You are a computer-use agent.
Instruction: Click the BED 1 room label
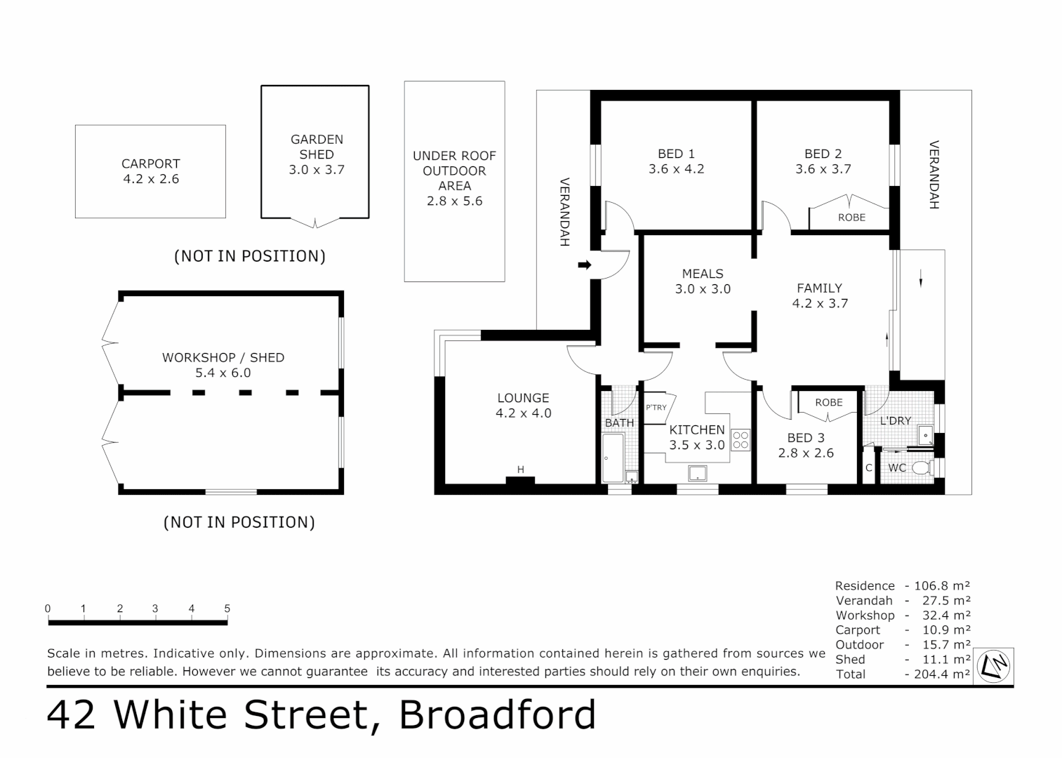click(x=676, y=154)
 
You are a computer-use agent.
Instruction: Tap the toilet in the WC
click(x=921, y=467)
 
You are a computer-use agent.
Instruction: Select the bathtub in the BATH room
click(x=613, y=458)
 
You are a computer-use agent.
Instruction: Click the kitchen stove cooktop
click(x=741, y=440)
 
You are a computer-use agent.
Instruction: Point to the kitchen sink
click(x=697, y=474)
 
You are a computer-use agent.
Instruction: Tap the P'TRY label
click(x=656, y=408)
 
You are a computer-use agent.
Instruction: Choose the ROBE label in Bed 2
click(x=851, y=218)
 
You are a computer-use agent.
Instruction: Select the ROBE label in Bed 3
click(x=828, y=403)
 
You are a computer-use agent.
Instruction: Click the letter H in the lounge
click(x=520, y=470)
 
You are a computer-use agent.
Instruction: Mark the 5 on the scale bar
click(x=227, y=609)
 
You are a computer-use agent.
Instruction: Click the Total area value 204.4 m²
click(x=942, y=674)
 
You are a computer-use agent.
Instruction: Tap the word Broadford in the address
click(x=498, y=715)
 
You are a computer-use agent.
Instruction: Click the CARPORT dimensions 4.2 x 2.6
click(x=151, y=179)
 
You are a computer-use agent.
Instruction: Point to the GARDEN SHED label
click(x=317, y=147)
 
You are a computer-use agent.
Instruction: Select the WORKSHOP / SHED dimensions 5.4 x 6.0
click(x=223, y=373)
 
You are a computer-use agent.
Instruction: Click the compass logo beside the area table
click(x=996, y=666)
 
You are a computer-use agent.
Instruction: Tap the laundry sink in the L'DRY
click(x=926, y=434)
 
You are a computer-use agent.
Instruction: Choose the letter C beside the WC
click(x=868, y=468)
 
